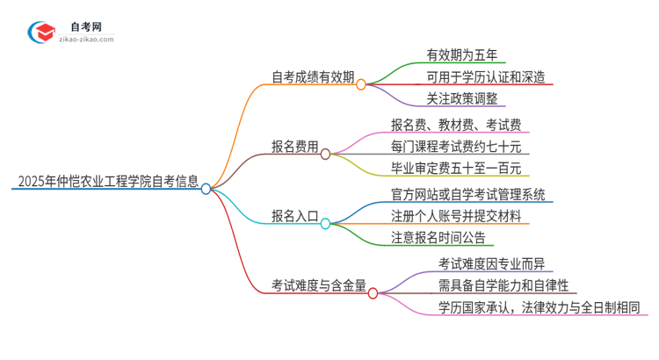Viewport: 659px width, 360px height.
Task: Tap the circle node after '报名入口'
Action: tap(325, 224)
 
